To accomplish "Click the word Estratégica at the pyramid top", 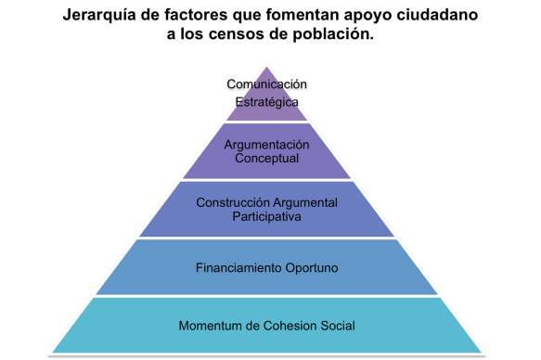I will click(267, 102).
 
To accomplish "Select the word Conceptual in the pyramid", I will click(267, 159).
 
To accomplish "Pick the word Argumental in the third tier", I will click(305, 202).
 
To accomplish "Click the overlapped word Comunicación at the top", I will click(267, 85).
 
